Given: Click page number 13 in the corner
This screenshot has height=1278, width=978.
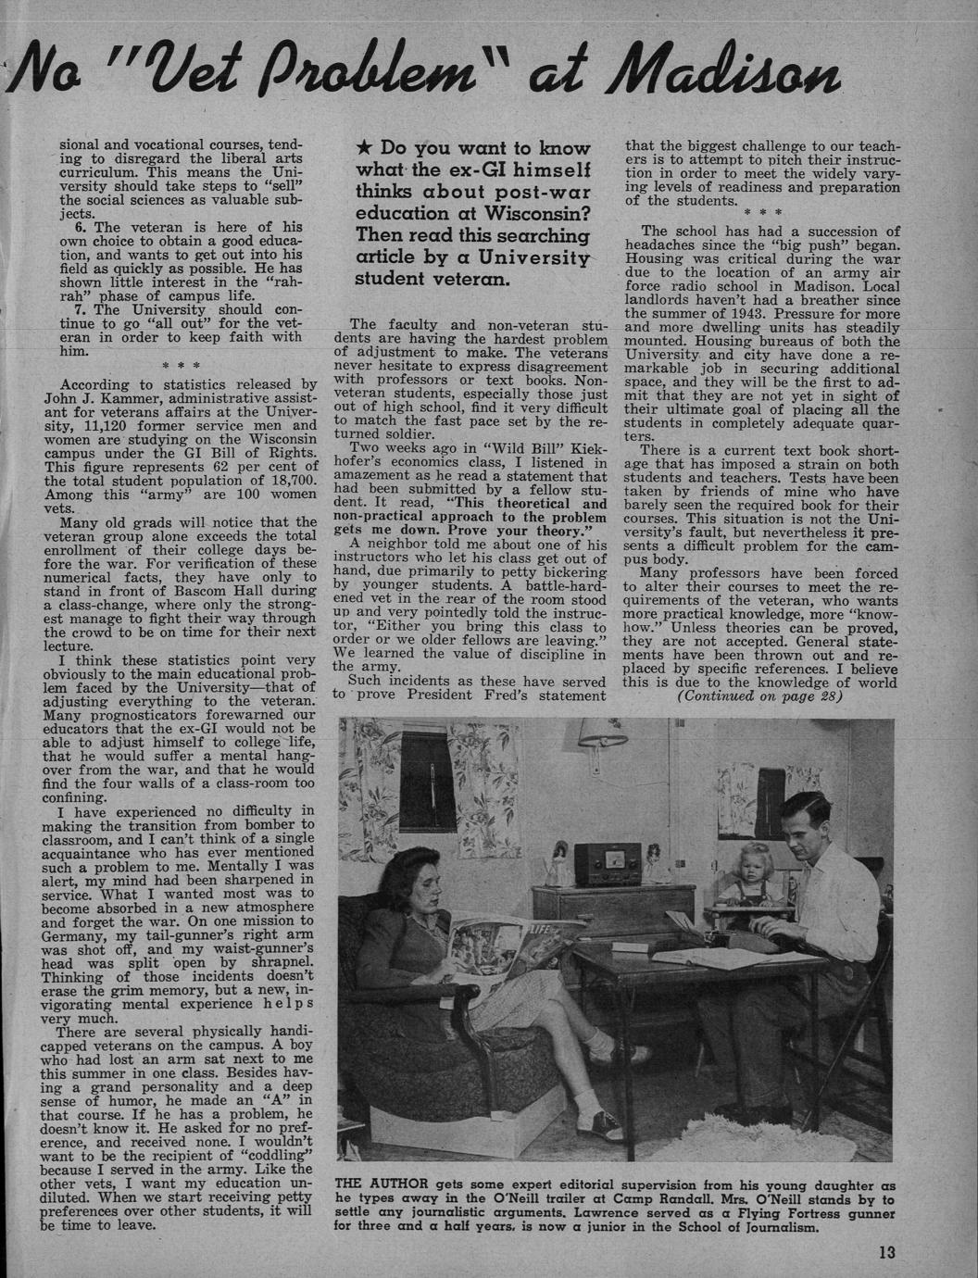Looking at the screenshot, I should (x=887, y=1254).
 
